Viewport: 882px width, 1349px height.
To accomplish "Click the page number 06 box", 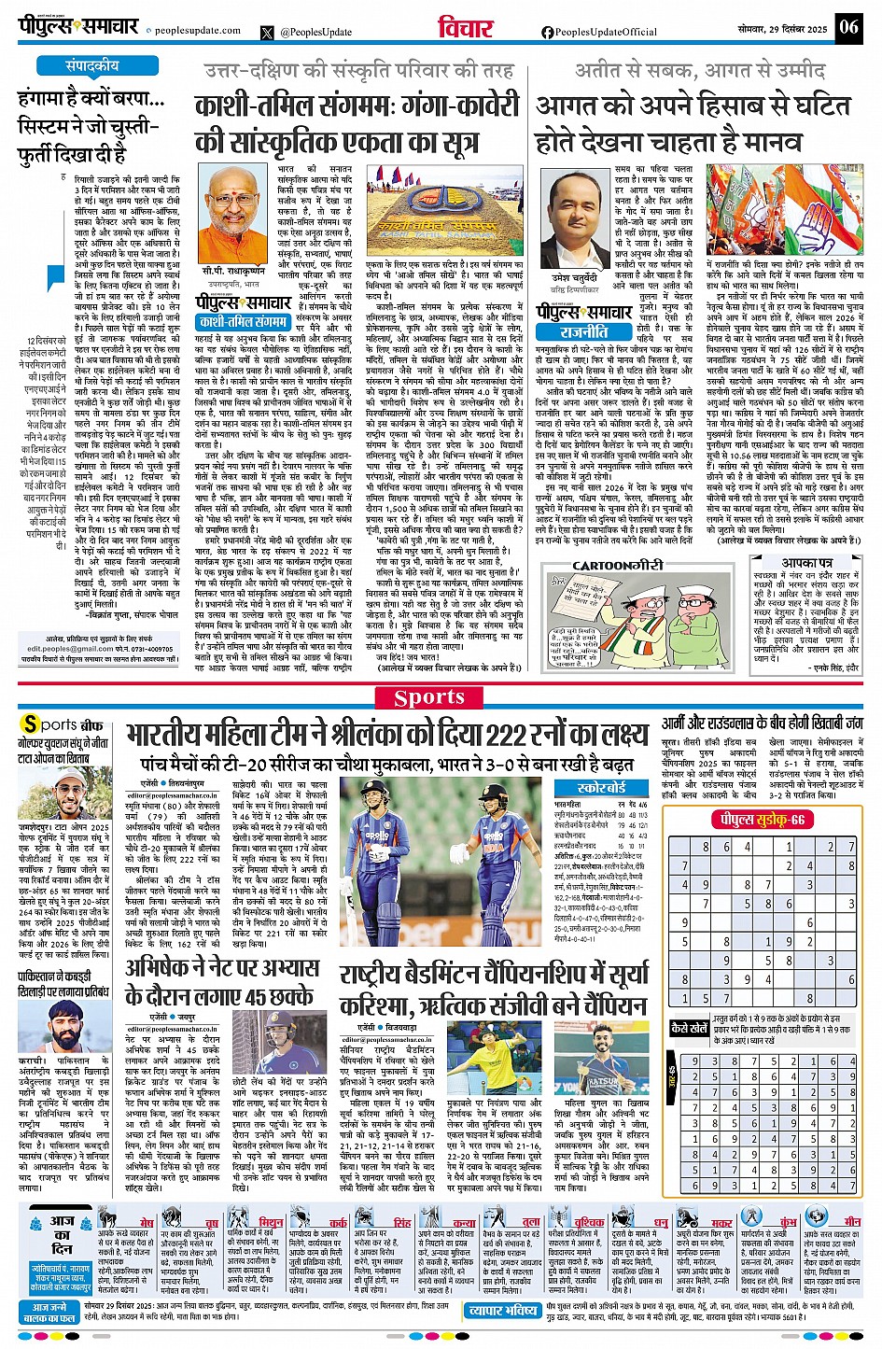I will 848,26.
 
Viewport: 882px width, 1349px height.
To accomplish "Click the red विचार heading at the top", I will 465,27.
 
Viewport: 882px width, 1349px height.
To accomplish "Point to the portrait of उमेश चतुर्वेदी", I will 571,205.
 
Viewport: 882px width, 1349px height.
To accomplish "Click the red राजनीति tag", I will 584,330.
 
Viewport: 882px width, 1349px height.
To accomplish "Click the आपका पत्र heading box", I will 807,563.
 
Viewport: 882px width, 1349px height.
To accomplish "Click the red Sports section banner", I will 429,697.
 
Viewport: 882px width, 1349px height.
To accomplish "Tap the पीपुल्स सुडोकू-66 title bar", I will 761,819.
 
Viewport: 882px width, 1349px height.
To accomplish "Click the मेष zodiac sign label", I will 147,1222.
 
